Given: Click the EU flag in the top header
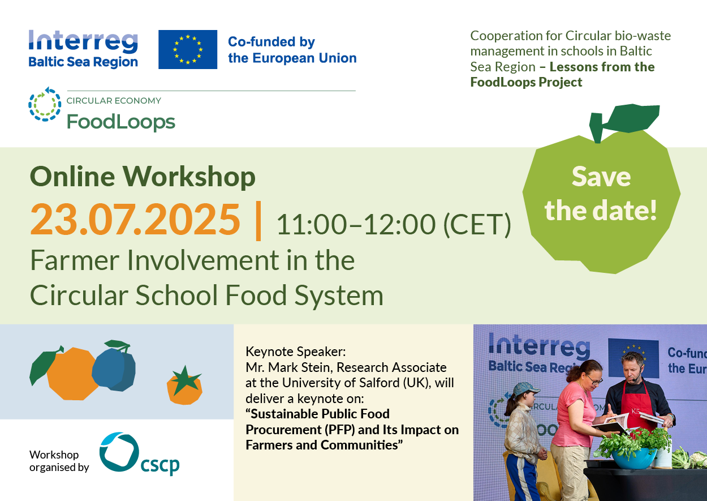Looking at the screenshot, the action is click(x=188, y=49).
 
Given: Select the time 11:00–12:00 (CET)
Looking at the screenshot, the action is click(x=393, y=225).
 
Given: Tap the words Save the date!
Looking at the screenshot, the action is click(x=601, y=194).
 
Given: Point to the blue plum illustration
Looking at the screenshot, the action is click(x=114, y=368).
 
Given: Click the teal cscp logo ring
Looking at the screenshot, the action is click(x=119, y=452).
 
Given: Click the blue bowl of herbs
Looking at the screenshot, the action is click(x=634, y=459).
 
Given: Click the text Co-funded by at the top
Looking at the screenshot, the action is click(x=271, y=42).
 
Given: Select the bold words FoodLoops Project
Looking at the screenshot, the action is click(x=526, y=82).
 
